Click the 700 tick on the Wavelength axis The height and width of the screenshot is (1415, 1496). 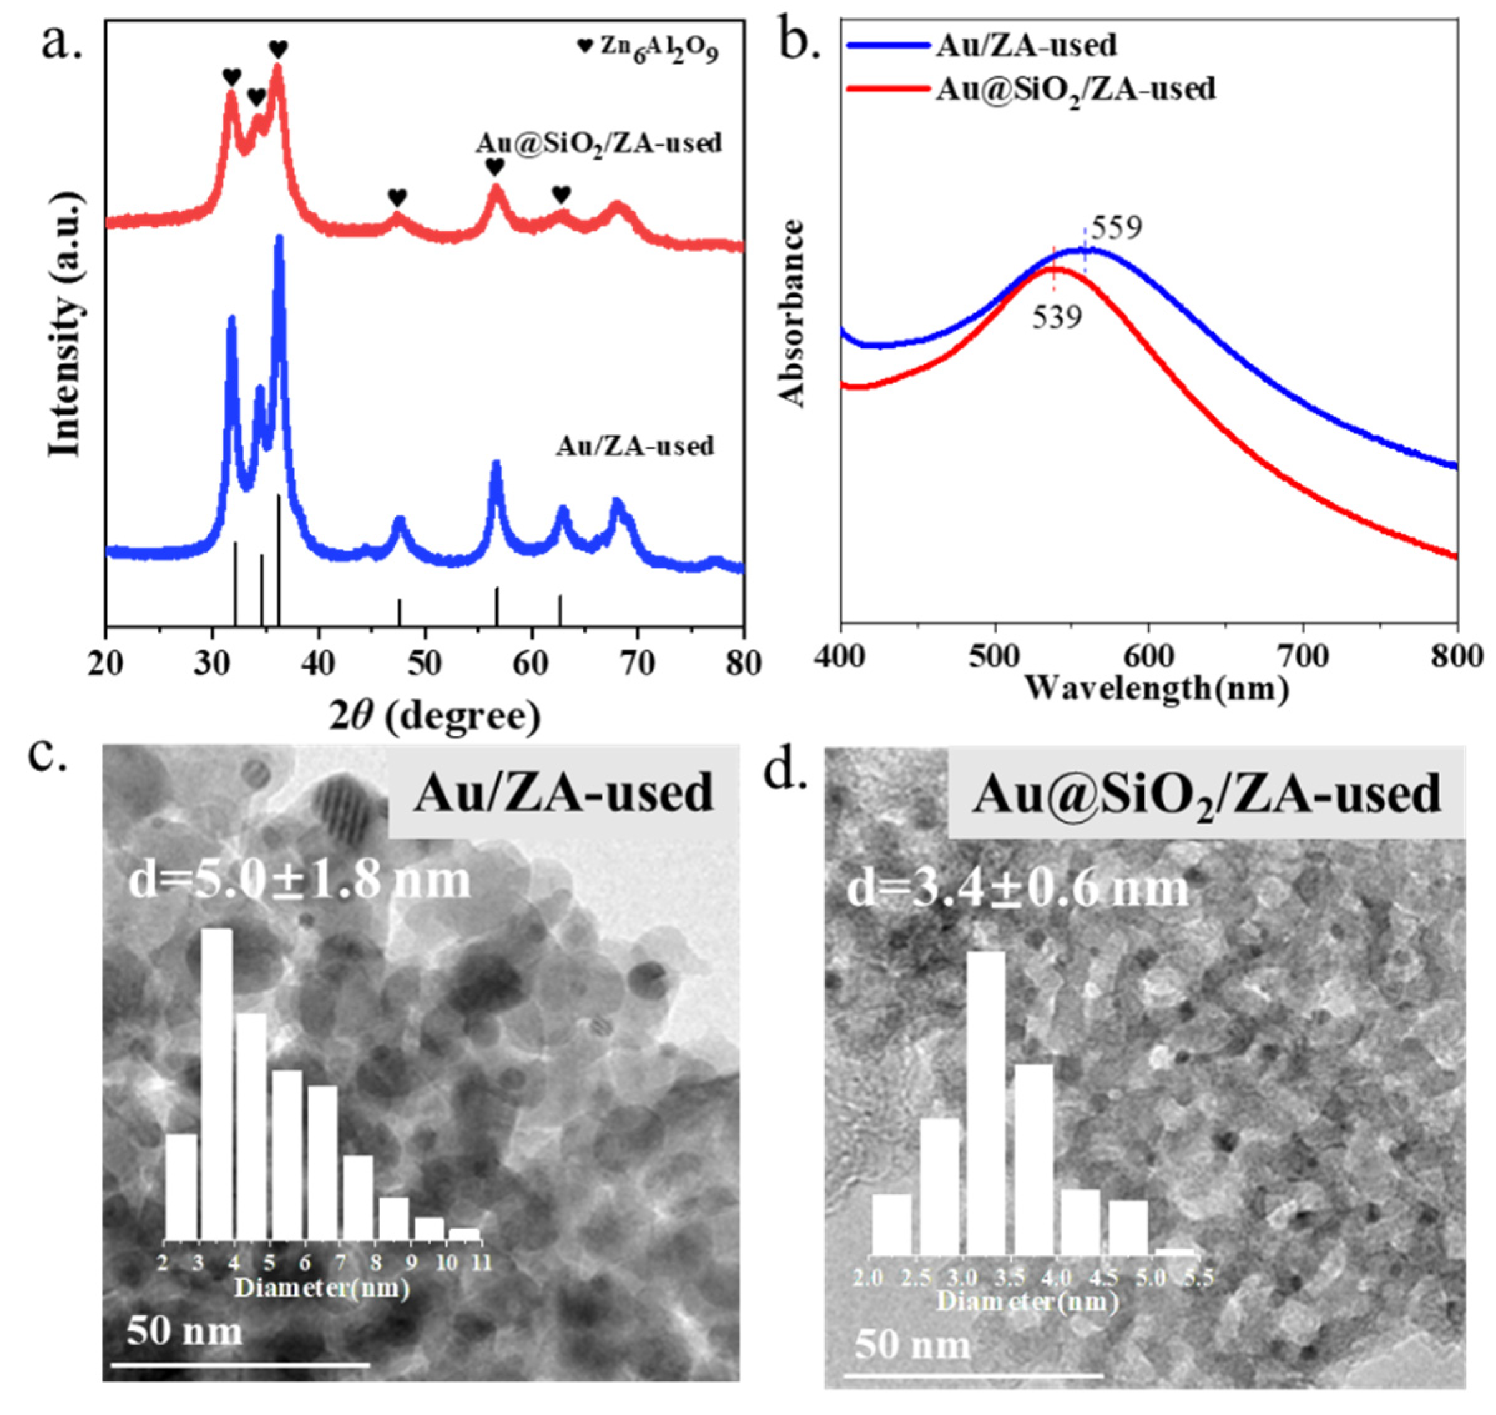click(x=1303, y=656)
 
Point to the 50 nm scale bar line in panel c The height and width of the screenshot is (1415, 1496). click(x=240, y=1364)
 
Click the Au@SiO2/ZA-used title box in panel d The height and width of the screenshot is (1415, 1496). click(x=1206, y=794)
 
